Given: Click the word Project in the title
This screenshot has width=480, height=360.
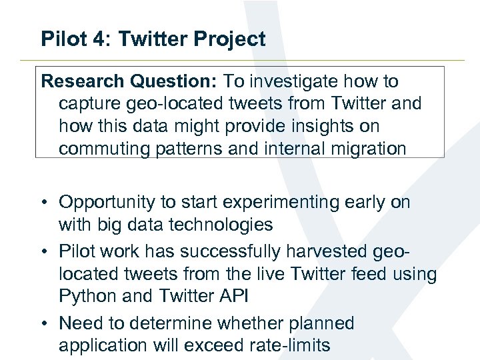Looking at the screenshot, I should click(x=230, y=39).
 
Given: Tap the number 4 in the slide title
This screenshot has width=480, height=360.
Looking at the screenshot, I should click(x=105, y=39).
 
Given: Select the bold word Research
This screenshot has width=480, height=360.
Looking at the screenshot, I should click(x=83, y=82).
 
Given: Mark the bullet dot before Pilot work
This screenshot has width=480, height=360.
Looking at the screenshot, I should click(x=48, y=252).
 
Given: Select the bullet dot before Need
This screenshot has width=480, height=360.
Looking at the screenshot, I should click(x=48, y=324).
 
